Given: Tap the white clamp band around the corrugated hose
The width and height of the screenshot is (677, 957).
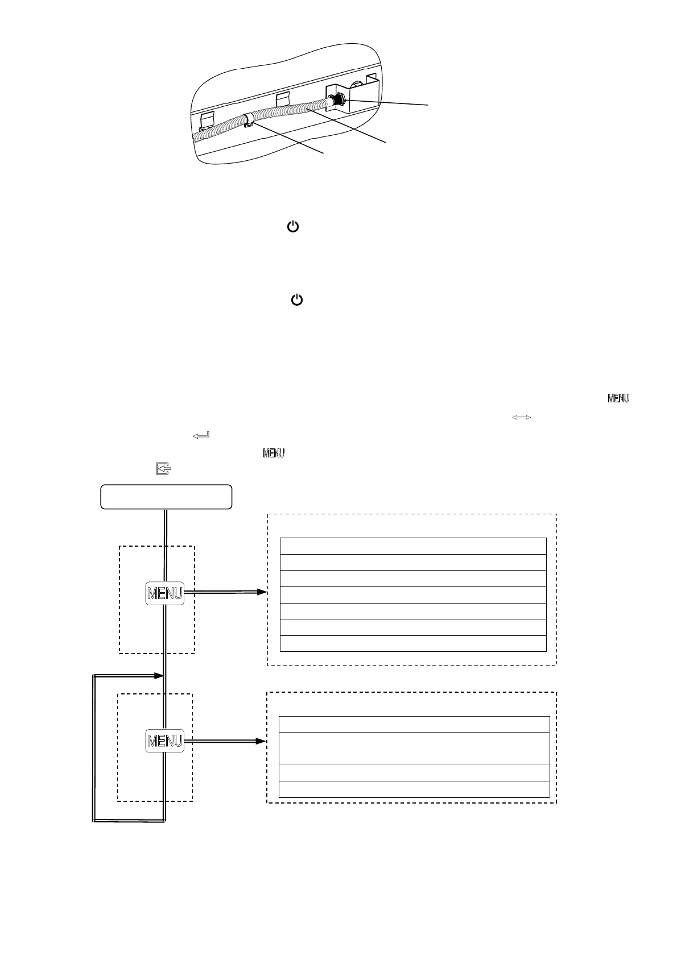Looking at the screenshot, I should pyautogui.click(x=248, y=119).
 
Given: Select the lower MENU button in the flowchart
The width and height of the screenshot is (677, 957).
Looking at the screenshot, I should pyautogui.click(x=165, y=741).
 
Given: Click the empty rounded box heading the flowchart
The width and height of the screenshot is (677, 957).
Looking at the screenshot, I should pyautogui.click(x=166, y=497).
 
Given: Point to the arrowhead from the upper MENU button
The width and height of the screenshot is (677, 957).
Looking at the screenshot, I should pyautogui.click(x=262, y=592).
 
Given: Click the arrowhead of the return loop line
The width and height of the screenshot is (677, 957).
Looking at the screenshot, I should pyautogui.click(x=159, y=676).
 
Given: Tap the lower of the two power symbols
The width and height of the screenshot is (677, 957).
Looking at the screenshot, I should pyautogui.click(x=297, y=300).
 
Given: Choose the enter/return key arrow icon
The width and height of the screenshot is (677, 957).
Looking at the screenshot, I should pyautogui.click(x=201, y=435).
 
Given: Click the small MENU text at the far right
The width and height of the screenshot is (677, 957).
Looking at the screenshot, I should pyautogui.click(x=618, y=399).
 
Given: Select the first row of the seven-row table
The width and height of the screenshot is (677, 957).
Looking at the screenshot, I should pyautogui.click(x=413, y=546).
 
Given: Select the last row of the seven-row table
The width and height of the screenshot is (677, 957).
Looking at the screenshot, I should pyautogui.click(x=413, y=643).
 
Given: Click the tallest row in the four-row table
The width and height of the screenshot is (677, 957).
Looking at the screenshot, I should pyautogui.click(x=414, y=748).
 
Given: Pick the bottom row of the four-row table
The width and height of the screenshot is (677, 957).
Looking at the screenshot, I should pyautogui.click(x=414, y=789).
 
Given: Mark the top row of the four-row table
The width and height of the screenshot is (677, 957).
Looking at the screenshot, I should pyautogui.click(x=414, y=725).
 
